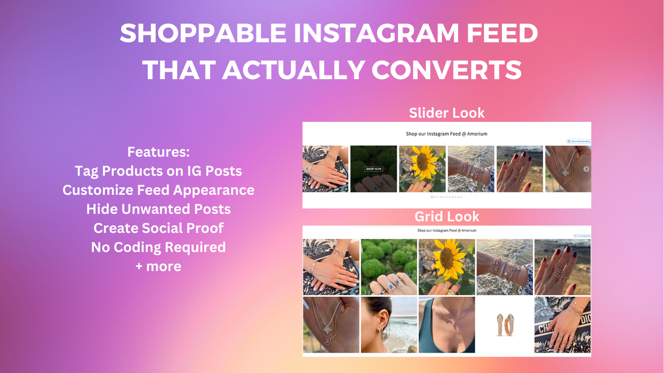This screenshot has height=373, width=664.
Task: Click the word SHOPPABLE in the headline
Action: click(x=203, y=34)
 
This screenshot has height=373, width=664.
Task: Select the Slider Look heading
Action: click(x=447, y=112)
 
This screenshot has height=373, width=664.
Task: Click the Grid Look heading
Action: click(x=447, y=216)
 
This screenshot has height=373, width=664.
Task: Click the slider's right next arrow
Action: click(x=586, y=169)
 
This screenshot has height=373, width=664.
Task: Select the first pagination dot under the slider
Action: click(x=432, y=197)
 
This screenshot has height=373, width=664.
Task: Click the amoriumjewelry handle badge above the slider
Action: click(x=578, y=141)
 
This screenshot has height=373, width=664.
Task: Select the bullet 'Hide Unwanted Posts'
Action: click(x=158, y=209)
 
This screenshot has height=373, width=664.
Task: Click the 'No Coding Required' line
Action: click(x=158, y=247)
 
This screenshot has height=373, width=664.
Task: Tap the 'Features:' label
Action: click(x=158, y=152)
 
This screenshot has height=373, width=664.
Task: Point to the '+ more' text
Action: click(x=158, y=266)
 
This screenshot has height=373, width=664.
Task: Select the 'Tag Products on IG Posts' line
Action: click(x=158, y=170)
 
